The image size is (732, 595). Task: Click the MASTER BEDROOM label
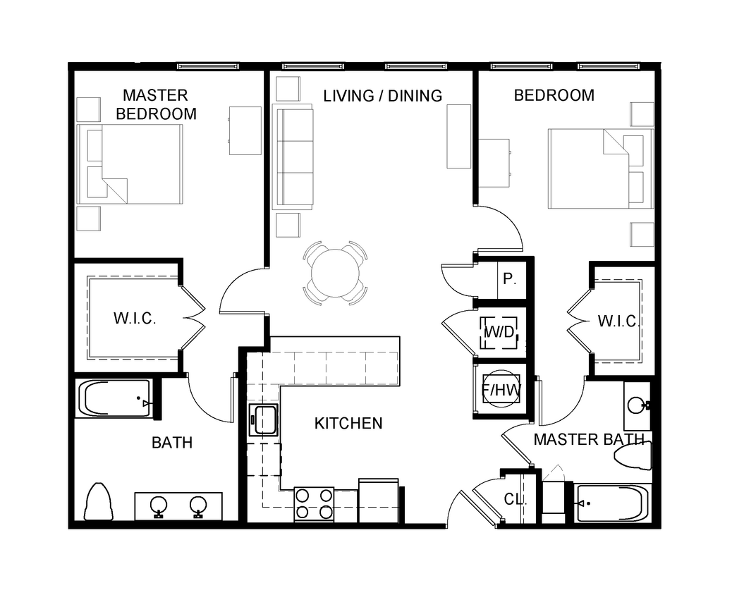click(x=155, y=104)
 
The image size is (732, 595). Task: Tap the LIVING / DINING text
click(x=383, y=95)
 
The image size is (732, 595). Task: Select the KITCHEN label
click(x=348, y=423)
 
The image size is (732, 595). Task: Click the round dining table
click(x=336, y=274)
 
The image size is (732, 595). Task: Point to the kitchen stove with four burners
click(x=313, y=504)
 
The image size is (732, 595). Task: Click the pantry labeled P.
click(x=509, y=278)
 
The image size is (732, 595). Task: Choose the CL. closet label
click(x=516, y=499)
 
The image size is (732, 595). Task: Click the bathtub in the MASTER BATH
click(x=611, y=503)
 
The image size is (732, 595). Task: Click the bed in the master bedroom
click(x=134, y=165)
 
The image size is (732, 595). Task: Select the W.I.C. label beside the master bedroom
click(x=134, y=318)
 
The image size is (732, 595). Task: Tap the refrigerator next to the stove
click(x=379, y=501)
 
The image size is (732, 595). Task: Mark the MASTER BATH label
click(x=588, y=440)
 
